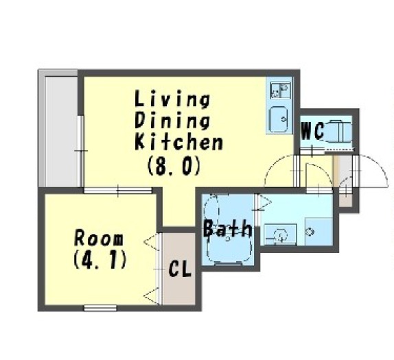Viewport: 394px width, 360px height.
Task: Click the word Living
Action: (172, 99)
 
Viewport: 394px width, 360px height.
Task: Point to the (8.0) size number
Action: (174, 165)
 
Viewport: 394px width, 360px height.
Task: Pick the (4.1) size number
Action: (100, 260)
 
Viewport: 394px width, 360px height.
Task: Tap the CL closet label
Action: (180, 269)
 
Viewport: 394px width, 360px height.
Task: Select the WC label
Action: (312, 130)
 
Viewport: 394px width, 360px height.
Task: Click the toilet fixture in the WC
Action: (338, 131)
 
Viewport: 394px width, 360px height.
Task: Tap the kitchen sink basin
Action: (279, 119)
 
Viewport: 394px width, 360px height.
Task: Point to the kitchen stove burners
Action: (280, 91)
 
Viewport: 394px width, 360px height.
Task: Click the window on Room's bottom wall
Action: (100, 308)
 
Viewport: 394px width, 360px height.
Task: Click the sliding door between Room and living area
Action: (118, 191)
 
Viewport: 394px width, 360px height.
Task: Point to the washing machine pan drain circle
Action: (310, 231)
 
